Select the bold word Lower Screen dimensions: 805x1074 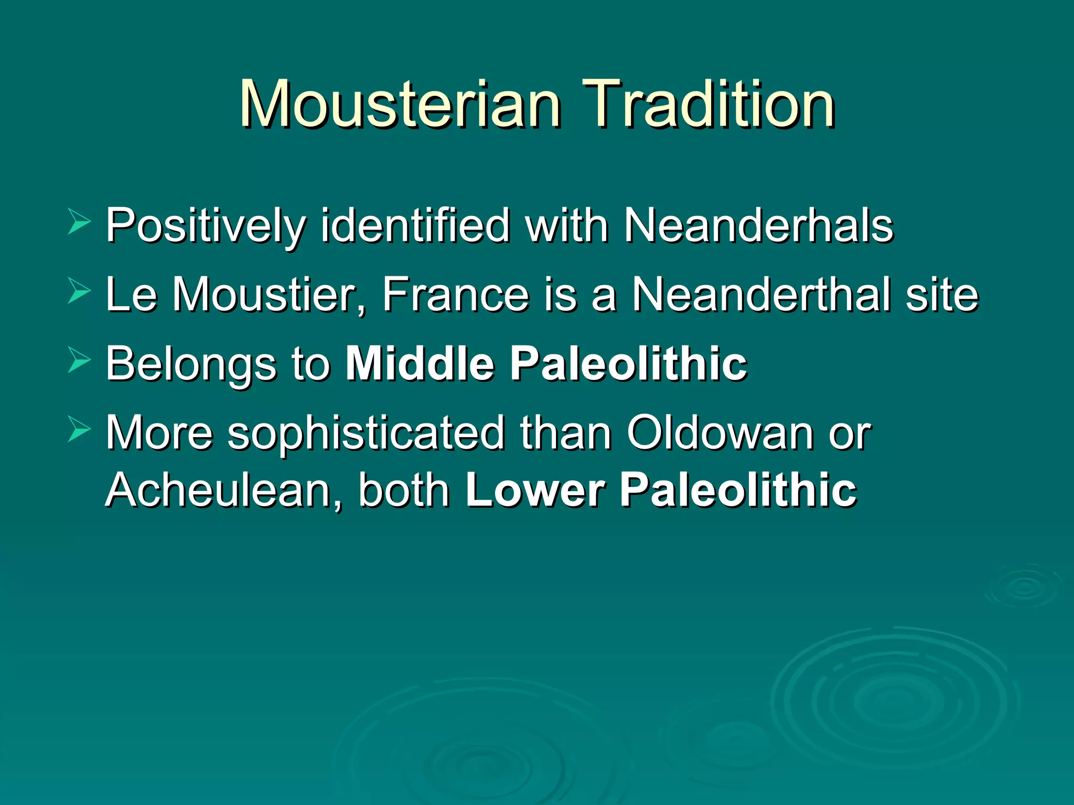click(x=535, y=491)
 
